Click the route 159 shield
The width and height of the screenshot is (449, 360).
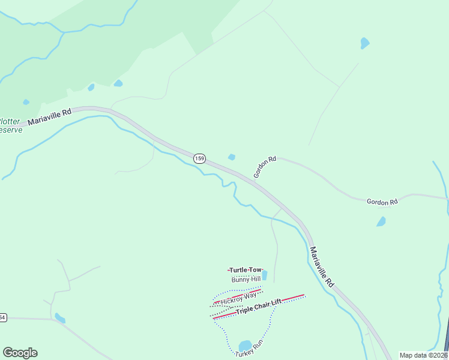pyautogui.click(x=200, y=158)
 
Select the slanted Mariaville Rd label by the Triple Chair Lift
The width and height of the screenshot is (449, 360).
pyautogui.click(x=321, y=266)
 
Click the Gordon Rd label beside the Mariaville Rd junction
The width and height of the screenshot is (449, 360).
pyautogui.click(x=264, y=167)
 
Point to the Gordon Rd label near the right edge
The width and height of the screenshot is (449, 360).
pyautogui.click(x=382, y=202)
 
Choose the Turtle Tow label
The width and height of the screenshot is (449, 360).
pyautogui.click(x=245, y=270)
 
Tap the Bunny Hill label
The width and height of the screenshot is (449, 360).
pyautogui.click(x=246, y=279)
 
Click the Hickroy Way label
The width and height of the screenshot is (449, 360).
pyautogui.click(x=238, y=297)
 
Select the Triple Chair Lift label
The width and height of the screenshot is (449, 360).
pyautogui.click(x=258, y=307)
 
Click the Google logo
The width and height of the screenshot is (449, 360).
pyautogui.click(x=20, y=353)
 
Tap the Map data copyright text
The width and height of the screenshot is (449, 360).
pyautogui.click(x=423, y=355)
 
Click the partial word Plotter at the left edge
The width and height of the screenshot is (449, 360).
pyautogui.click(x=10, y=121)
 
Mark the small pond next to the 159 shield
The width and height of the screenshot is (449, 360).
pyautogui.click(x=232, y=157)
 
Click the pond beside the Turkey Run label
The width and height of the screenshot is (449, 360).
pyautogui.click(x=245, y=346)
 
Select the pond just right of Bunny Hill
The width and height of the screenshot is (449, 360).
pyautogui.click(x=264, y=275)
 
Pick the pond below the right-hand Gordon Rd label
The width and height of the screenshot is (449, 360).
pyautogui.click(x=381, y=221)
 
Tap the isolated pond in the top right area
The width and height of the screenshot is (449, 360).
pyautogui.click(x=364, y=43)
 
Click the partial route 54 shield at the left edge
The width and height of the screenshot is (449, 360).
pyautogui.click(x=2, y=317)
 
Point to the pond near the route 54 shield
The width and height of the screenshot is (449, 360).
pyautogui.click(x=59, y=317)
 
